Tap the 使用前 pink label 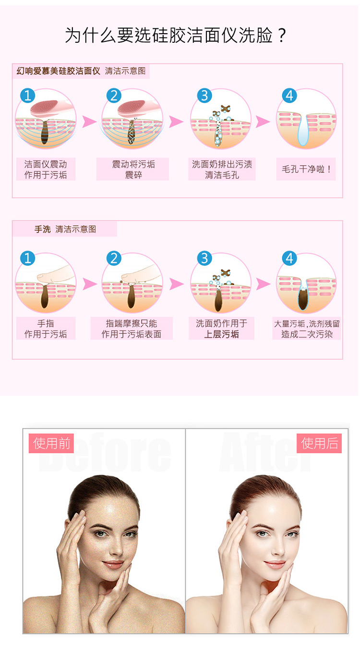(x=51, y=443)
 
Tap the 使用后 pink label (x=319, y=443)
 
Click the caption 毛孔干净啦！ (x=306, y=169)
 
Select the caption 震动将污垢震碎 (x=133, y=170)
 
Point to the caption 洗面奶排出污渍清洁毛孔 (x=222, y=170)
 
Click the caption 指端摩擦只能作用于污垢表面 (x=132, y=329)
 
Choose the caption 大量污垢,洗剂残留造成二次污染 (x=307, y=329)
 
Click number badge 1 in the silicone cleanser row (x=28, y=96)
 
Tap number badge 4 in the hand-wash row (x=289, y=258)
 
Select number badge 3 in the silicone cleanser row (x=204, y=96)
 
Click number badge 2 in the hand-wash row (x=114, y=258)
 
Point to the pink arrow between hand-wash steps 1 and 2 (x=89, y=284)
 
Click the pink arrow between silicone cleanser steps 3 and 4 (x=263, y=122)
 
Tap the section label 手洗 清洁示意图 (x=65, y=229)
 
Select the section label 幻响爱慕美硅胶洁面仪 (x=58, y=71)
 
